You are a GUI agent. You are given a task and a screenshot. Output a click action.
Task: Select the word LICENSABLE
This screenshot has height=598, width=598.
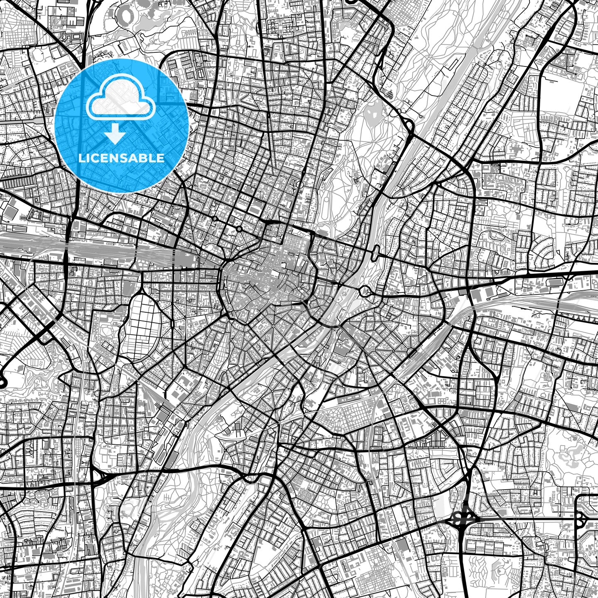click(122, 158)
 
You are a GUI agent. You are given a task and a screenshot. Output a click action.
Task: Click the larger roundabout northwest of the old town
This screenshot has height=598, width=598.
click(239, 229)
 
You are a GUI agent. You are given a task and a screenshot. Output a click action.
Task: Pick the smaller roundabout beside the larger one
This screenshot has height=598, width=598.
click(215, 218)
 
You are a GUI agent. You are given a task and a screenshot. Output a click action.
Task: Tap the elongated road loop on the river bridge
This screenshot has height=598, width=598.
click(377, 252)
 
